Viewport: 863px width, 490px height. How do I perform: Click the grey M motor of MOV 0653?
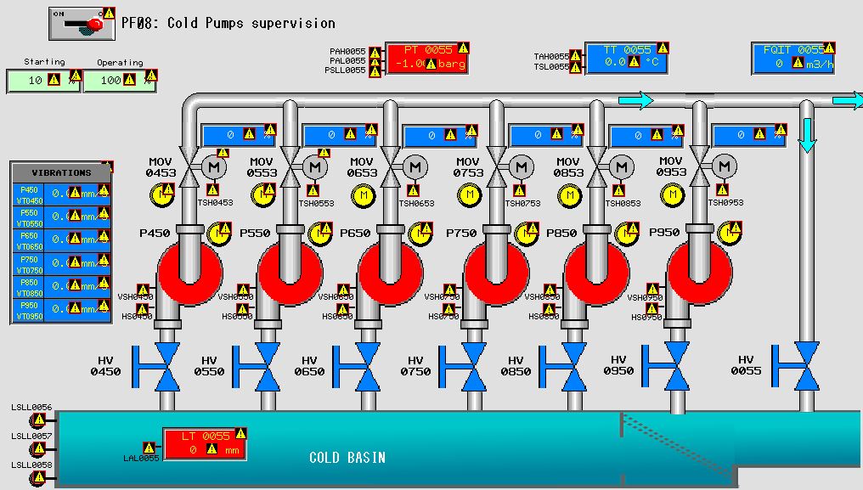pyautogui.click(x=415, y=167)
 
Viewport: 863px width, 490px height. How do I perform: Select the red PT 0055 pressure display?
pyautogui.click(x=427, y=57)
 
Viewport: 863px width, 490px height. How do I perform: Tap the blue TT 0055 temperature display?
pyautogui.click(x=625, y=57)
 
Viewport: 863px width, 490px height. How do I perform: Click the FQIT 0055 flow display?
pyautogui.click(x=793, y=57)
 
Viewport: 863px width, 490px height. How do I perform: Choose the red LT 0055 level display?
pyautogui.click(x=205, y=442)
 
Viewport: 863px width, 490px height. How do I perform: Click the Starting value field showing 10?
pyautogui.click(x=42, y=81)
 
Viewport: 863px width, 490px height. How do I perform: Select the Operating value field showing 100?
pyautogui.click(x=117, y=81)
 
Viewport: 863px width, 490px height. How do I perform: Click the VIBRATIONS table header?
pyautogui.click(x=61, y=172)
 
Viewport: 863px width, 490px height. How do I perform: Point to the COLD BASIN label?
pyautogui.click(x=347, y=458)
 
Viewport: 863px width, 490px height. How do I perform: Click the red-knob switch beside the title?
pyautogui.click(x=81, y=24)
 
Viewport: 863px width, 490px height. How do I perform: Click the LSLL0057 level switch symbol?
pyautogui.click(x=37, y=448)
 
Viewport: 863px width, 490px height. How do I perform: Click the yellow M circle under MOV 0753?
pyautogui.click(x=469, y=195)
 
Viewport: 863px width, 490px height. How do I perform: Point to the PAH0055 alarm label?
pyautogui.click(x=347, y=52)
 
